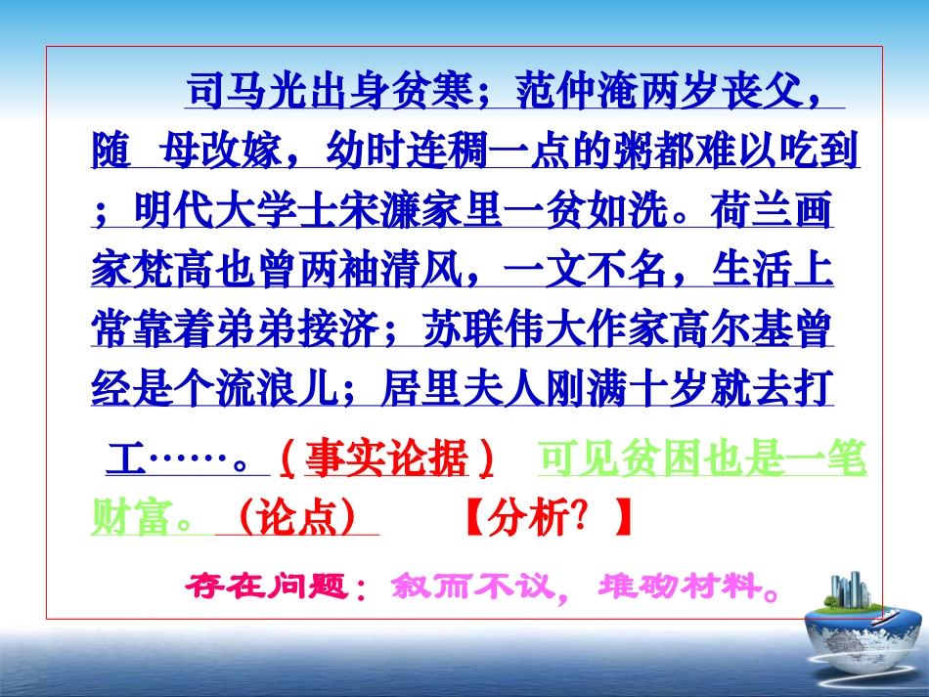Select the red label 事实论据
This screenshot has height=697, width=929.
point(386,457)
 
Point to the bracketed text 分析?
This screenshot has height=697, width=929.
point(547,517)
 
